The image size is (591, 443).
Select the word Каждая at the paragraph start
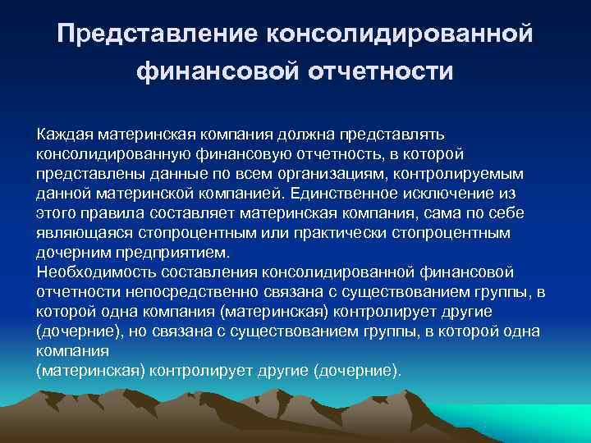click(65, 134)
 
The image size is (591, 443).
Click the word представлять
click(400, 134)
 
